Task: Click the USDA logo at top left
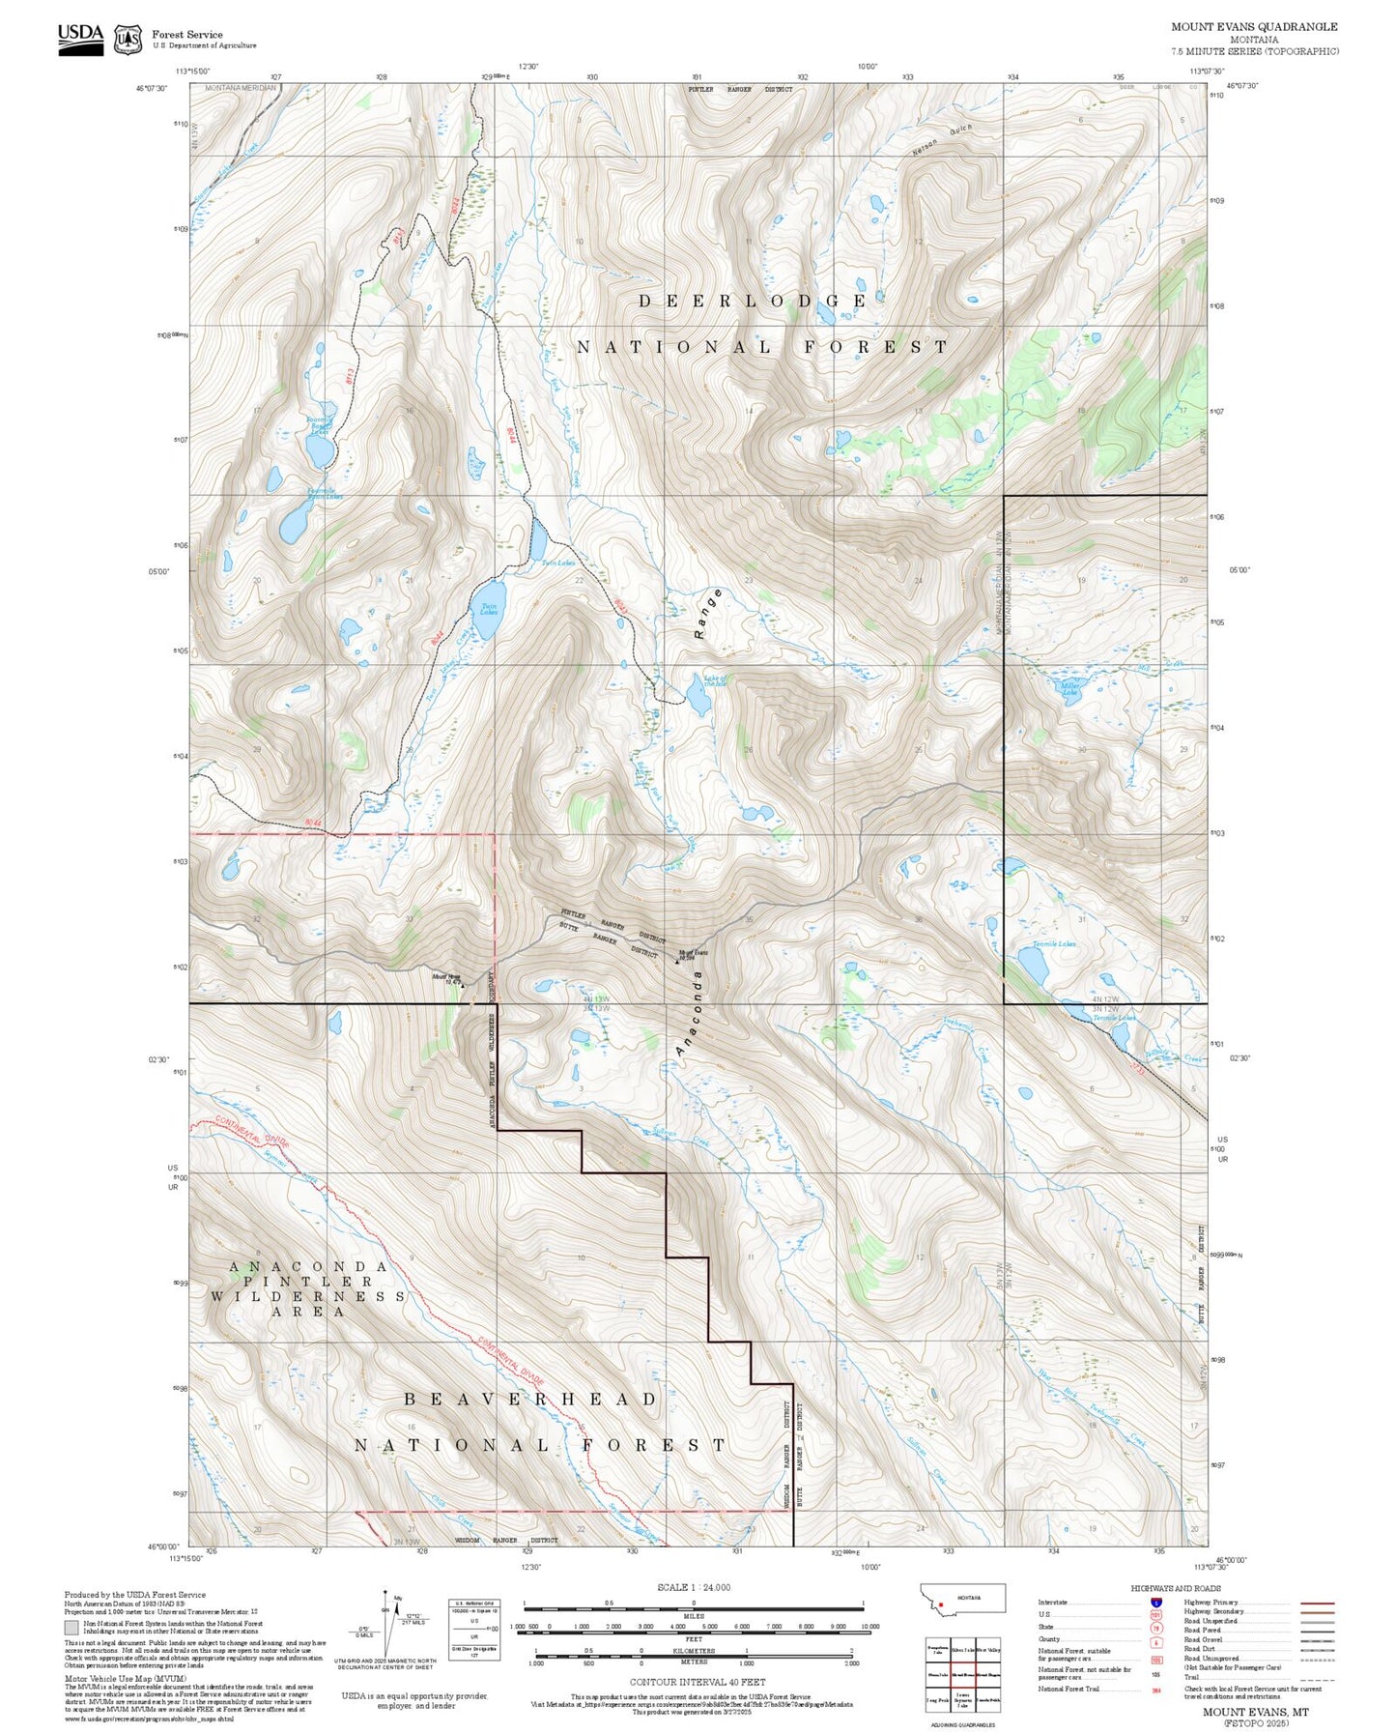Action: [80, 39]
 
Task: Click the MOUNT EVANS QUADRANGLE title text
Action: [1254, 27]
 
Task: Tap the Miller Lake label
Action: [1069, 690]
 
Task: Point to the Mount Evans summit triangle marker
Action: [677, 962]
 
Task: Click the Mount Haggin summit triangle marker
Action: [462, 986]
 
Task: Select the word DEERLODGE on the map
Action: [752, 302]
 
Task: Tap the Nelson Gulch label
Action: [941, 141]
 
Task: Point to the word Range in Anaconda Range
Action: [708, 614]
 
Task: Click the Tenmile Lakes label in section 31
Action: [1053, 943]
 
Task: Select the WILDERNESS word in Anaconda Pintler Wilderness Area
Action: [307, 1296]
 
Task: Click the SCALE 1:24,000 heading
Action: [693, 1587]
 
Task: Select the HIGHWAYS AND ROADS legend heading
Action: [1176, 1588]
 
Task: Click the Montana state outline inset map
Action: [964, 1599]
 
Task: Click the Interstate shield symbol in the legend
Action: [1155, 1603]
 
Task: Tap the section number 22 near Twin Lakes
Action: [579, 580]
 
